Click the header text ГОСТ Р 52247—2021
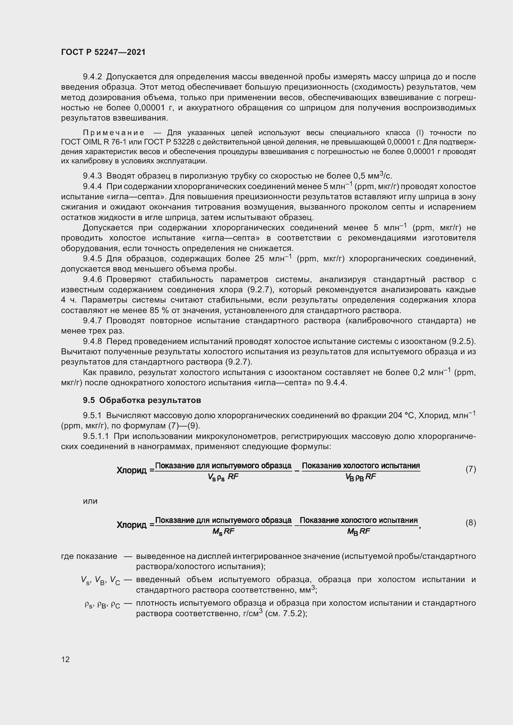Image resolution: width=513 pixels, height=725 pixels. [x=103, y=52]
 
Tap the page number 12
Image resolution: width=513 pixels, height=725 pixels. [x=65, y=659]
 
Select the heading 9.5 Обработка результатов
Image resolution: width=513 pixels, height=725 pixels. [x=142, y=400]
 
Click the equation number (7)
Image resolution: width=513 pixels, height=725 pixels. [x=471, y=469]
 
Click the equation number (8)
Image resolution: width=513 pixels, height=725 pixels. [x=471, y=523]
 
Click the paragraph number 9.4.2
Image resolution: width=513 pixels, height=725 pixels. [x=92, y=77]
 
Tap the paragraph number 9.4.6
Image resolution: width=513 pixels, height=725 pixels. [x=92, y=280]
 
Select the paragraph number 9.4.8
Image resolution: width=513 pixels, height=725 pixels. [x=92, y=341]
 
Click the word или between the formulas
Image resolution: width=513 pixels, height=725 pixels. [x=90, y=501]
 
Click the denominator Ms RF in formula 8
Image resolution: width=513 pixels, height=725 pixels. [x=223, y=532]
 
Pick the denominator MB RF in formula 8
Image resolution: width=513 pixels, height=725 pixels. [x=359, y=532]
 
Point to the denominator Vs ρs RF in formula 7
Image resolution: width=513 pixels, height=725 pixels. [x=223, y=477]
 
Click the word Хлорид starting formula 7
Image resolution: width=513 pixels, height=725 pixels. [x=132, y=471]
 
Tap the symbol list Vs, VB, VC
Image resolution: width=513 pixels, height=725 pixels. [x=100, y=580]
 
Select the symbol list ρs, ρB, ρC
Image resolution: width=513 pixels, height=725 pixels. [x=102, y=605]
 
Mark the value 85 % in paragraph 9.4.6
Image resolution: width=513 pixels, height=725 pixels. [x=159, y=310]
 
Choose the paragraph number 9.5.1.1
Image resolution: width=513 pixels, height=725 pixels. [x=96, y=436]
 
